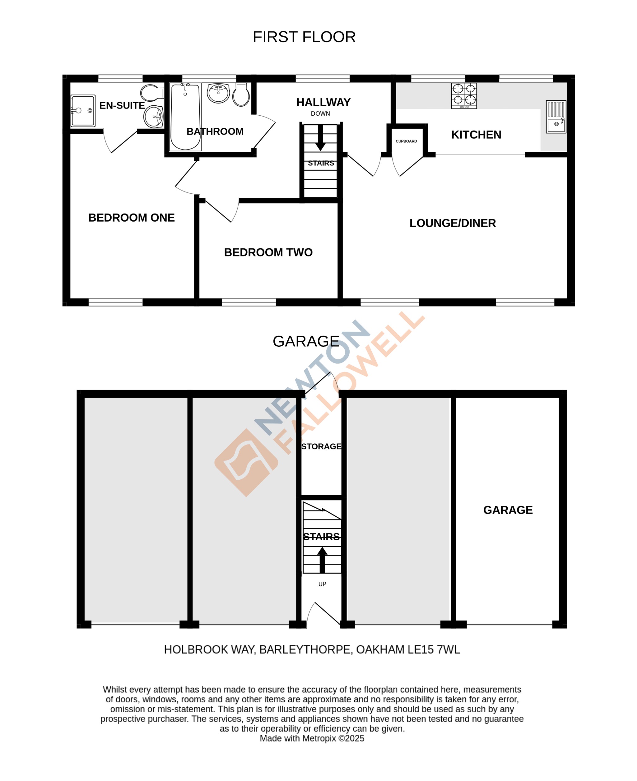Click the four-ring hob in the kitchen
point(464,95)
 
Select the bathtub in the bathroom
point(185,117)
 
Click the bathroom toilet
point(241,95)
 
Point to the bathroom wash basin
point(218,93)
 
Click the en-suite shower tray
point(83,111)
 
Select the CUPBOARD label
point(406,141)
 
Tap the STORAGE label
point(321,447)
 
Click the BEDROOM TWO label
point(268,252)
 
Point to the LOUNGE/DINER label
point(453,223)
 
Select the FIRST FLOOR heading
point(304,37)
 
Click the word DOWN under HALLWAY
point(320,114)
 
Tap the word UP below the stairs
point(322,584)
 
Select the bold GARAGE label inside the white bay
point(508,510)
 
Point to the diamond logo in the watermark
point(246,463)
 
